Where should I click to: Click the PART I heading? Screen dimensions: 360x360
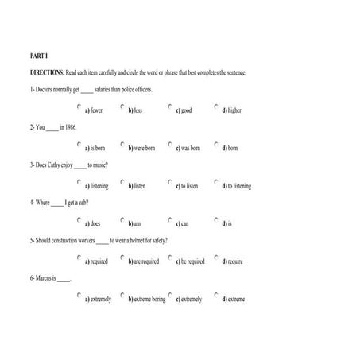[39, 57]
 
